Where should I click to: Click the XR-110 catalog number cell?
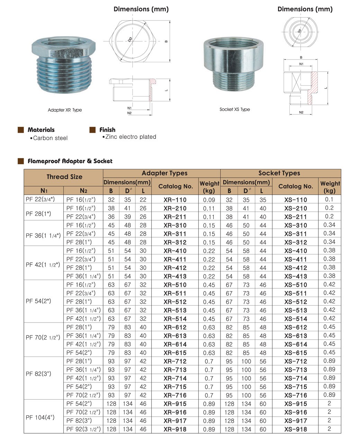coord(175,200)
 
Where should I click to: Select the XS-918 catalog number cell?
coord(296,429)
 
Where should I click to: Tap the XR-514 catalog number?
coord(175,319)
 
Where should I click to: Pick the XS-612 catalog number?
coord(296,327)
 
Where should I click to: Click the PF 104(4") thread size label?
coord(40,417)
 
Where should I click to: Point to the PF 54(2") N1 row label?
coord(38,301)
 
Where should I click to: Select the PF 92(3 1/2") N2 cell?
coord(83,429)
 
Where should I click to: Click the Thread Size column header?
coord(64,177)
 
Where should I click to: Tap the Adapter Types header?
coord(164,173)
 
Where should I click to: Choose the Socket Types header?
coord(279,173)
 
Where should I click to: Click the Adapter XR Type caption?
coord(65,110)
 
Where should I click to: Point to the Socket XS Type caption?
coord(235,109)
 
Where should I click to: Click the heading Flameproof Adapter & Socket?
coord(70,161)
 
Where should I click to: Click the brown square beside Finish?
coord(92,130)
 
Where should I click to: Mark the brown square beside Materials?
coord(21,130)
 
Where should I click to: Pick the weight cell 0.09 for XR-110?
coord(209,200)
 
